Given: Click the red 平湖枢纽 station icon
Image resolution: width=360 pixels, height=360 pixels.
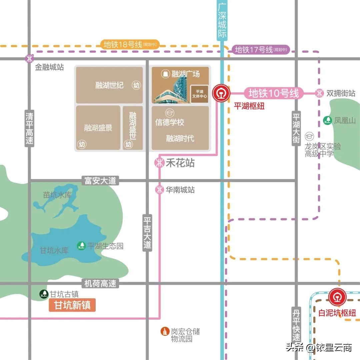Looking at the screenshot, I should [x=221, y=93].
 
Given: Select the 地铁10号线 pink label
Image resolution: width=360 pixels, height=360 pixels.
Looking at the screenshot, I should [x=274, y=93].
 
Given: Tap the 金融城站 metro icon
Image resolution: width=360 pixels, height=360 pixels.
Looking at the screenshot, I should [x=30, y=59].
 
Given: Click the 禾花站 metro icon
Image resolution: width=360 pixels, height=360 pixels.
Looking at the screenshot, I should [x=159, y=163].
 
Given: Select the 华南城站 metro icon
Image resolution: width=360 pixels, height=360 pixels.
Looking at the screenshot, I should [x=159, y=190].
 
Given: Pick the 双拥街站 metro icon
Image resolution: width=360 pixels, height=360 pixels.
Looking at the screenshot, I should [x=319, y=93].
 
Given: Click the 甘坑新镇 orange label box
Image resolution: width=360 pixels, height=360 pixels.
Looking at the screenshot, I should [x=72, y=305].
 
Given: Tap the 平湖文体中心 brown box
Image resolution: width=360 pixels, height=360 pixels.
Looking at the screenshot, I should [x=199, y=94].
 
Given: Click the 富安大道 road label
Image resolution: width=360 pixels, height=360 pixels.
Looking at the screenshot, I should [x=100, y=181].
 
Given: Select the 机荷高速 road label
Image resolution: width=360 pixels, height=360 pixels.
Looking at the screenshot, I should [x=100, y=284].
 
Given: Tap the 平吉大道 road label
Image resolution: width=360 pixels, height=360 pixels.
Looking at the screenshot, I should [x=147, y=233].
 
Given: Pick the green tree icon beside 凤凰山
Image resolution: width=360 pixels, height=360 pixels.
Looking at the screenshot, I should [x=328, y=120].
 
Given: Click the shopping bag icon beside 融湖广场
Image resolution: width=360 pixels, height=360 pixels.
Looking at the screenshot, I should [x=165, y=74].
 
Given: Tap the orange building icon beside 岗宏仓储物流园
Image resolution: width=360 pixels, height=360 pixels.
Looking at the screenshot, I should [x=165, y=331].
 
